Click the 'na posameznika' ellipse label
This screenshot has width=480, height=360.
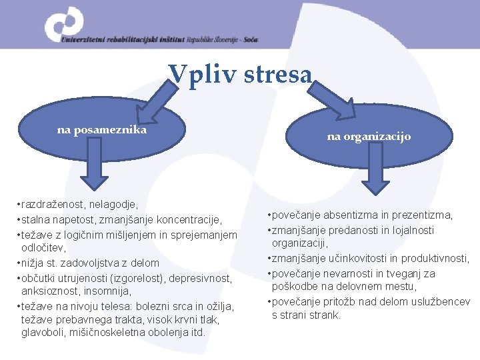102,130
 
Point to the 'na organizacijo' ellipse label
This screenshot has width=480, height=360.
369,137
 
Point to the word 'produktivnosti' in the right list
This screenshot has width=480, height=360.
437,258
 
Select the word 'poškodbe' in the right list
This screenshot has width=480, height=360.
293,286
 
